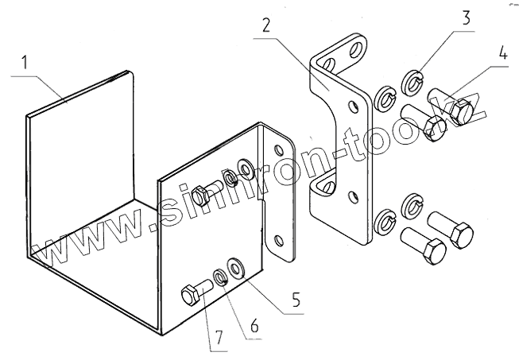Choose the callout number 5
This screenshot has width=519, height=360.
coord(295,300)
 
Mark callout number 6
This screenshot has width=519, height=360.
coord(254,326)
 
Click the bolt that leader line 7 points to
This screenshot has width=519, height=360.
coord(194,295)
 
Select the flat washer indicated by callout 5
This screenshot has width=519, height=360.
coord(236,268)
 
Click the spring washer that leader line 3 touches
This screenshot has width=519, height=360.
coord(412,81)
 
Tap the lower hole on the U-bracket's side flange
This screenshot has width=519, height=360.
coord(278,239)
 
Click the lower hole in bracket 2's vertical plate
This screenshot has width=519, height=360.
coord(352,192)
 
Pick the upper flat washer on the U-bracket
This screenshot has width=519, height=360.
coord(243,169)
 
